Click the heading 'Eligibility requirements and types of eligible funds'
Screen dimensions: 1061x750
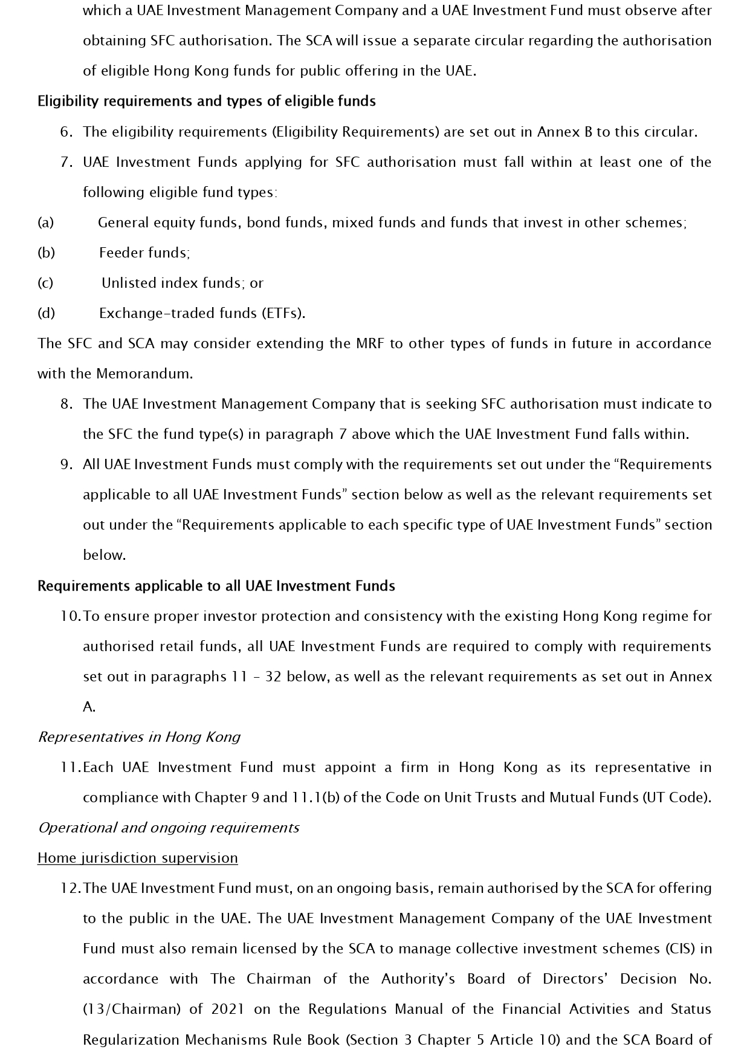tap(206, 101)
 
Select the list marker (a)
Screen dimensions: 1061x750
tap(46, 222)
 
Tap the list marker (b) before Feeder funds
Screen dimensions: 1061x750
tap(46, 253)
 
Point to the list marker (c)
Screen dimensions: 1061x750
tap(45, 283)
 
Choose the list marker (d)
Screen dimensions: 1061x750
tap(46, 313)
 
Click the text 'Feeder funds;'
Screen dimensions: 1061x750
tap(144, 253)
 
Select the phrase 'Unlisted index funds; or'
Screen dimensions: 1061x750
tap(182, 283)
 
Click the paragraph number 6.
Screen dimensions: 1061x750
tap(66, 132)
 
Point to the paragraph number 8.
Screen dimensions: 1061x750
tap(66, 404)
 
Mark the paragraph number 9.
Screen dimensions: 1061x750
tap(66, 464)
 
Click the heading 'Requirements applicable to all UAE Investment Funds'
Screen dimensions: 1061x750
tap(216, 586)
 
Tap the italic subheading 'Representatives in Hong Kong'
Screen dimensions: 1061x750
tap(139, 737)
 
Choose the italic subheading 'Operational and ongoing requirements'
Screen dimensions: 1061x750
tap(168, 828)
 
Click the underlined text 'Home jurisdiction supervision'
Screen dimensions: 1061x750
tap(137, 858)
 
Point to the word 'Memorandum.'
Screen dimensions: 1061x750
tap(144, 374)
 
